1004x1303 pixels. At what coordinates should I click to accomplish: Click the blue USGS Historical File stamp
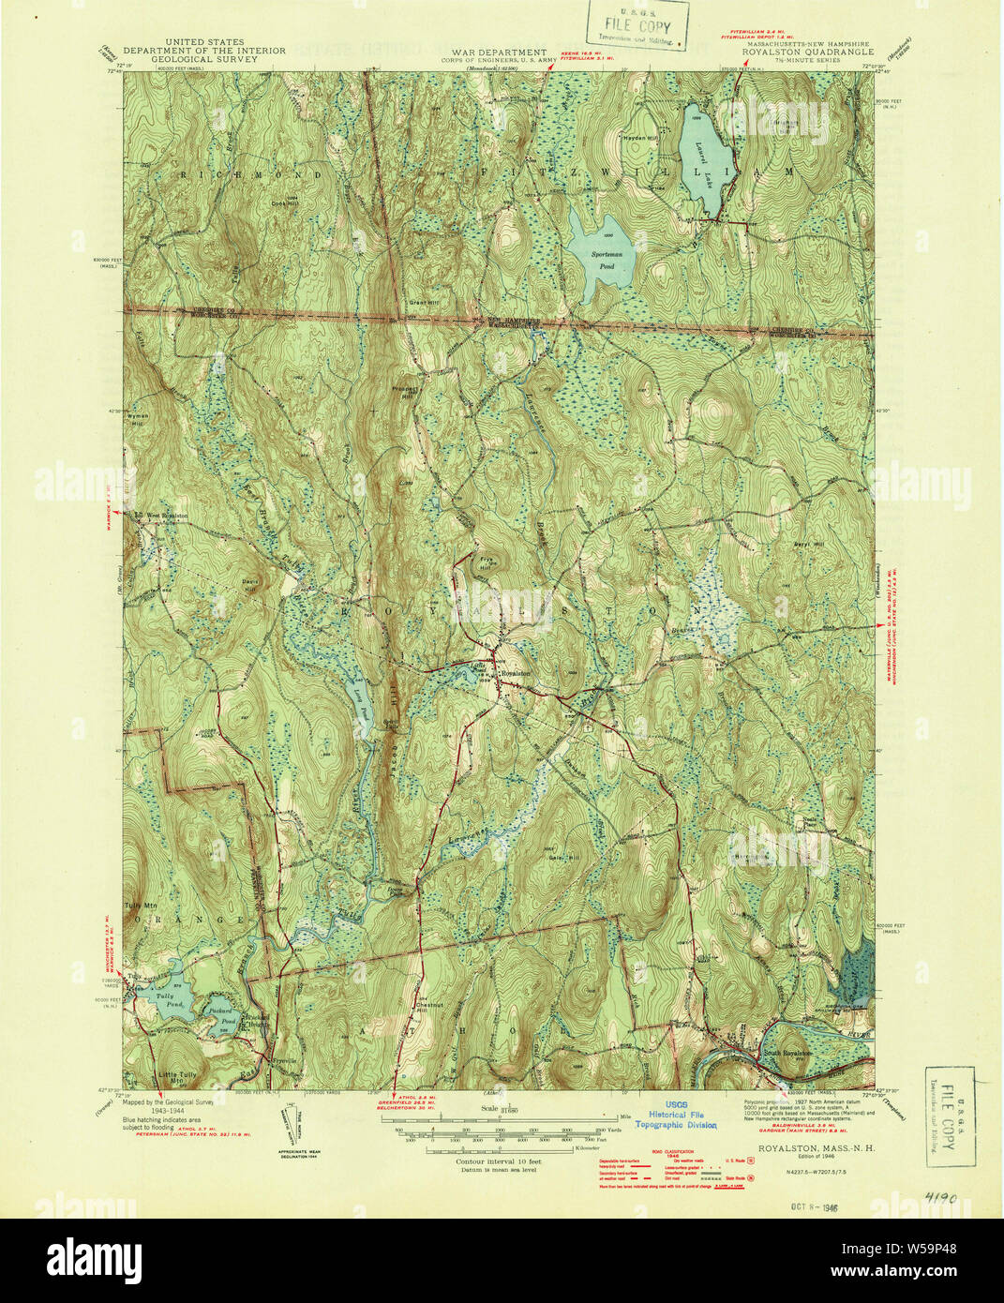(677, 1115)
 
